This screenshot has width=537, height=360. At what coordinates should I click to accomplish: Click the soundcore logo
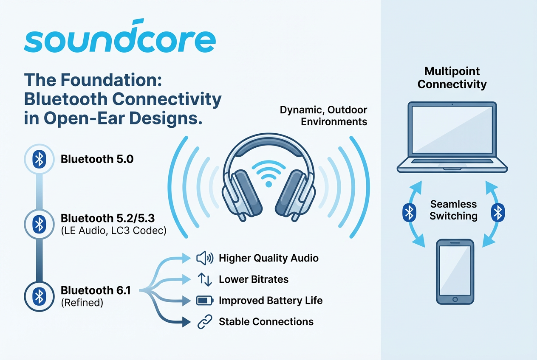pyautogui.click(x=120, y=36)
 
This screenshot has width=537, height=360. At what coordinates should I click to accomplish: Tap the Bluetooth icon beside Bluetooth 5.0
pyautogui.click(x=39, y=159)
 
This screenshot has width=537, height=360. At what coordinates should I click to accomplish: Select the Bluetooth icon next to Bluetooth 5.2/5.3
pyautogui.click(x=39, y=224)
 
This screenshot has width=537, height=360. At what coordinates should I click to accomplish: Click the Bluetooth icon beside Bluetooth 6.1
pyautogui.click(x=39, y=296)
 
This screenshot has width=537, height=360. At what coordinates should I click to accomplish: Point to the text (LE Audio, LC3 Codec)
pyautogui.click(x=113, y=231)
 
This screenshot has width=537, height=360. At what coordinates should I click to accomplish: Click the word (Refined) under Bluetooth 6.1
pyautogui.click(x=82, y=303)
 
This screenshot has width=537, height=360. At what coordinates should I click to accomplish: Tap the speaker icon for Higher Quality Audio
pyautogui.click(x=205, y=258)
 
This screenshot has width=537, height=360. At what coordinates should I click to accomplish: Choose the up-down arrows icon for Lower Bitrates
pyautogui.click(x=205, y=279)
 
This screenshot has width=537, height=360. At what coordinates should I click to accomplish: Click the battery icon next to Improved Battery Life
pyautogui.click(x=205, y=301)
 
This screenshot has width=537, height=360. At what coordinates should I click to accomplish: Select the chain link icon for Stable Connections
pyautogui.click(x=205, y=321)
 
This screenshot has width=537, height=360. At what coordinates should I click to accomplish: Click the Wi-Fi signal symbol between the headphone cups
pyautogui.click(x=269, y=174)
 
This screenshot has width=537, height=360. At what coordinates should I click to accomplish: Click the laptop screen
pyautogui.click(x=452, y=129)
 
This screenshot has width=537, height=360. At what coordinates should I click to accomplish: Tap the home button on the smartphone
pyautogui.click(x=455, y=299)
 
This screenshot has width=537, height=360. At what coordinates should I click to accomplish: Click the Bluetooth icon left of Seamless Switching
pyautogui.click(x=409, y=212)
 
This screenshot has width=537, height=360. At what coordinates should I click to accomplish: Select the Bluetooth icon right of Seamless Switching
pyautogui.click(x=498, y=212)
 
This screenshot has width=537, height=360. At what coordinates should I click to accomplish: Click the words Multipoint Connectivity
pyautogui.click(x=452, y=78)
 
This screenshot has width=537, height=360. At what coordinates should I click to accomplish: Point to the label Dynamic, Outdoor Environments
pyautogui.click(x=323, y=116)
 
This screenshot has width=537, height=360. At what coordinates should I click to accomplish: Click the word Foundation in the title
pyautogui.click(x=111, y=80)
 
